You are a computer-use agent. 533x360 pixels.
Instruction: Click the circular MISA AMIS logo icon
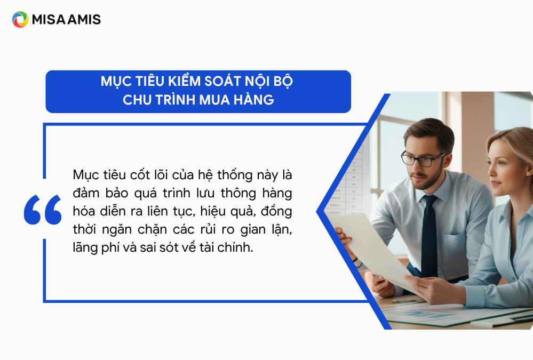pyautogui.click(x=20, y=19)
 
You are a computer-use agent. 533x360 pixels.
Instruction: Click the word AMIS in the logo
pyautogui.click(x=84, y=20)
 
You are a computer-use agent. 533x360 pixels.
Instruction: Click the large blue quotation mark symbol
pyautogui.click(x=43, y=210)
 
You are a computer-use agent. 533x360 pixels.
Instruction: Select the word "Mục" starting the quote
pyautogui.click(x=86, y=175)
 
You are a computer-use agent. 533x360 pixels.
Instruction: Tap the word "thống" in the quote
pyautogui.click(x=235, y=175)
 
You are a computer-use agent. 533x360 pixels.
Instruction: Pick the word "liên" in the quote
pyautogui.click(x=158, y=211)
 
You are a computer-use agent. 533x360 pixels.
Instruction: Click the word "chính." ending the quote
pyautogui.click(x=235, y=247)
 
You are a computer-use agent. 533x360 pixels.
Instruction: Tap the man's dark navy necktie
pyautogui.click(x=429, y=235)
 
